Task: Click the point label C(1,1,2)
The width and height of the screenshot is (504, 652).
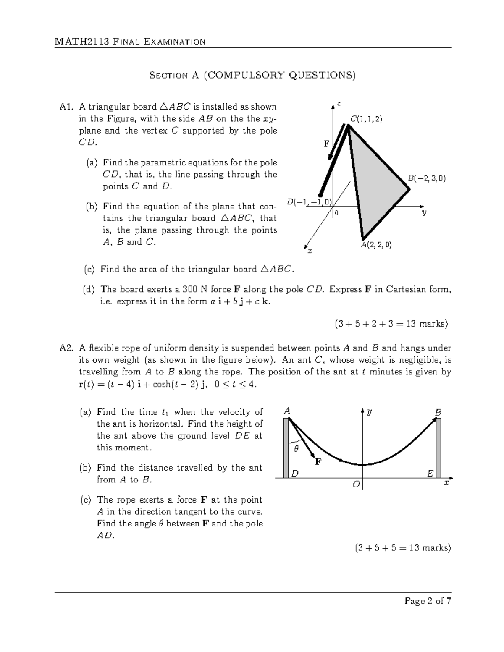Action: pyautogui.click(x=366, y=119)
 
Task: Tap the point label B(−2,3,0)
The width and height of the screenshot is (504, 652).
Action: pyautogui.click(x=426, y=178)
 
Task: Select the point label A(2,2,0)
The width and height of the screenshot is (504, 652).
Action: pyautogui.click(x=376, y=245)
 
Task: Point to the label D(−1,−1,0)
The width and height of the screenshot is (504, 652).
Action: pyautogui.click(x=309, y=202)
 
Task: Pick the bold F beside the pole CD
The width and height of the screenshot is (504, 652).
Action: pyautogui.click(x=326, y=144)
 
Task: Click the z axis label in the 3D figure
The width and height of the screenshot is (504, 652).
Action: pyautogui.click(x=339, y=104)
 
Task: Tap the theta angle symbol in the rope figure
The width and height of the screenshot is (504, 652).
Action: pyautogui.click(x=296, y=448)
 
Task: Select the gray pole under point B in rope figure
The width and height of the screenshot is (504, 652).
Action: pyautogui.click(x=438, y=448)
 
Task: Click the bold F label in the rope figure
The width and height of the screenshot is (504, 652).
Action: pyautogui.click(x=318, y=462)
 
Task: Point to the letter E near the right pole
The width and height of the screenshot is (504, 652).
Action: pyautogui.click(x=430, y=474)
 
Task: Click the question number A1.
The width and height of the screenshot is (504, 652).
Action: pyautogui.click(x=67, y=107)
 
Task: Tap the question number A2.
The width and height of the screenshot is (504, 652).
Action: pyautogui.click(x=67, y=348)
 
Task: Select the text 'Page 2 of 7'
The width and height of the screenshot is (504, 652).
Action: pyautogui.click(x=428, y=601)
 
